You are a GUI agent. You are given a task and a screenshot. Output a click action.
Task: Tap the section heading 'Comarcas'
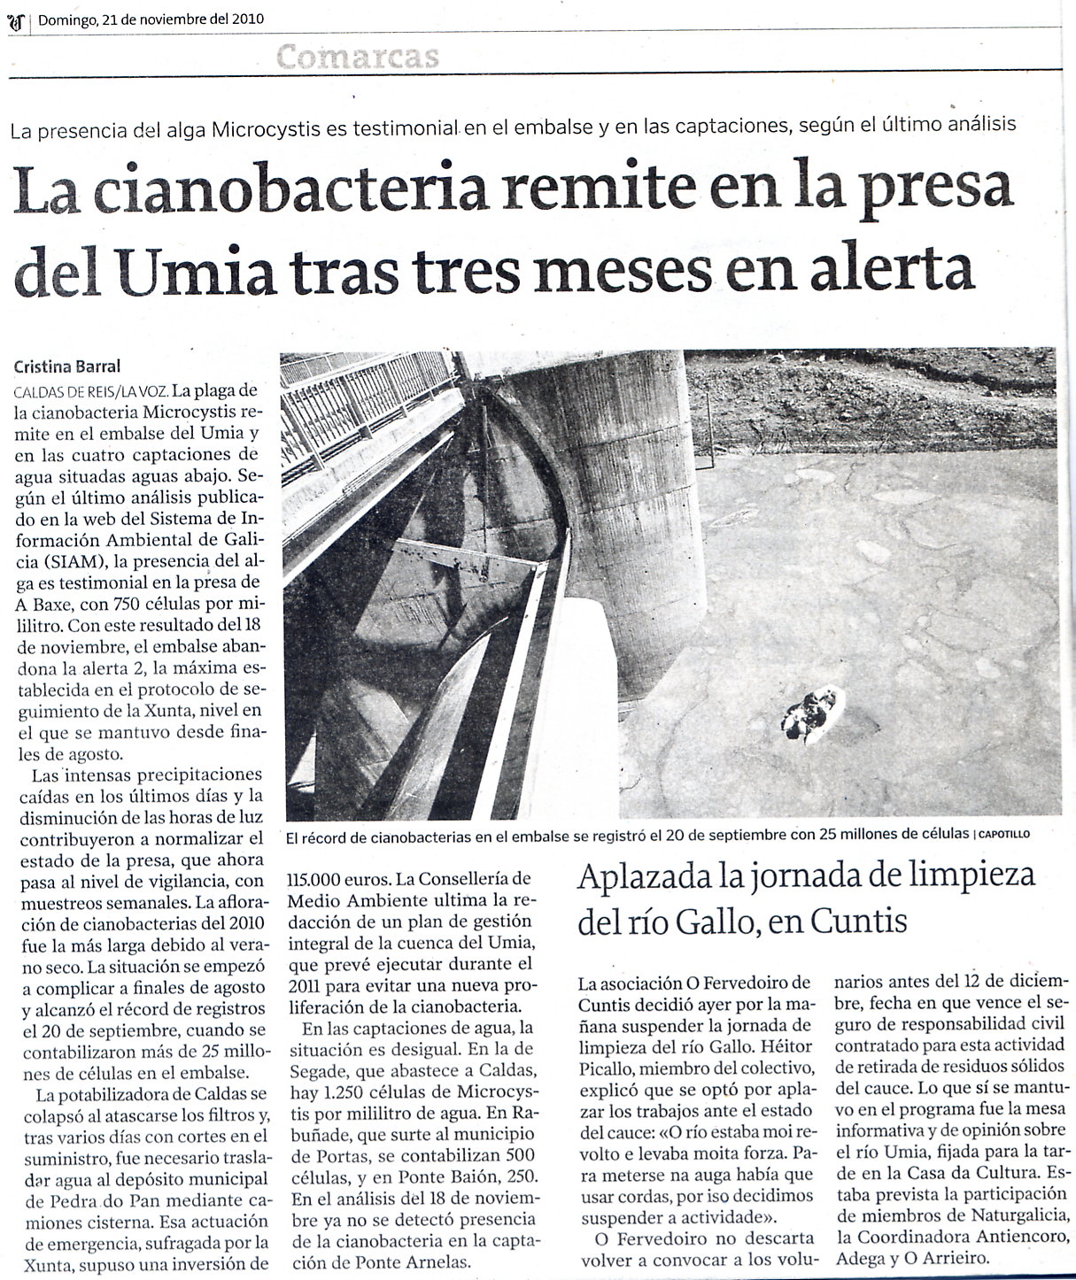[358, 57]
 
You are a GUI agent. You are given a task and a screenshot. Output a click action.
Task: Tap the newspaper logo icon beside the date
[15, 19]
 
